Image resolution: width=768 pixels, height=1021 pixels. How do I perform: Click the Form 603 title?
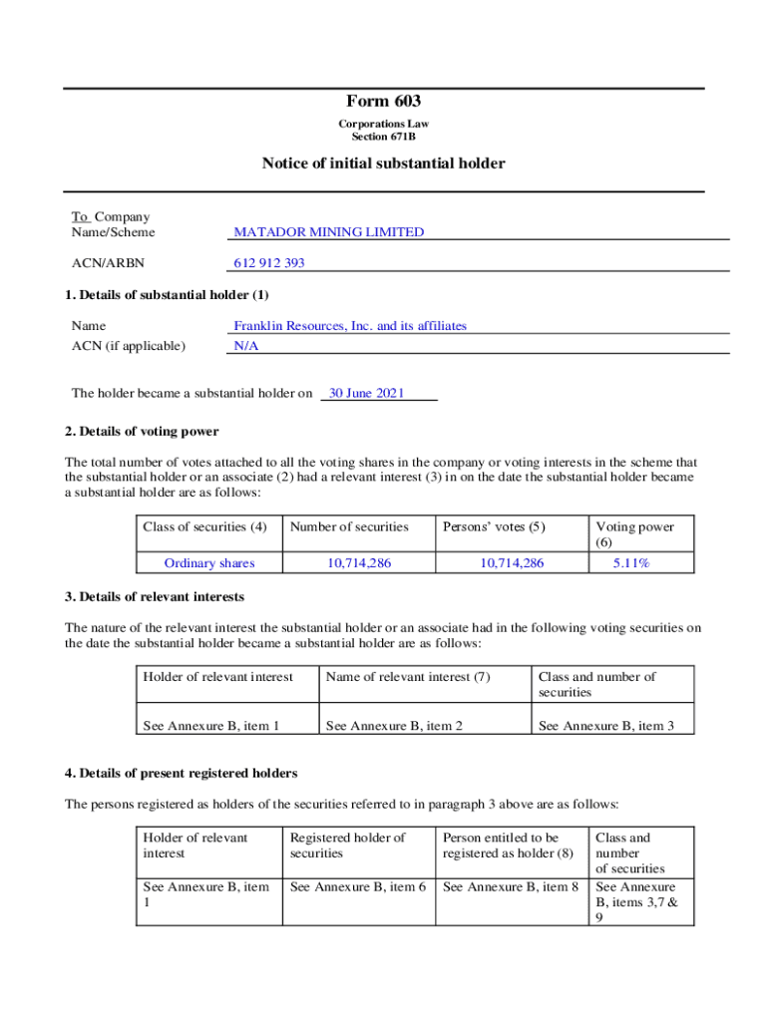384,101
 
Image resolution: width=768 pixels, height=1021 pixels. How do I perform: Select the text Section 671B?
384,137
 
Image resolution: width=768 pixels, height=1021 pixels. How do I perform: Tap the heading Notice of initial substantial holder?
384,164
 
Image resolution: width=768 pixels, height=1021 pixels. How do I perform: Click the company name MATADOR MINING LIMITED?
328,232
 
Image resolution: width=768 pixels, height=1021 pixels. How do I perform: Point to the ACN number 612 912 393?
269,263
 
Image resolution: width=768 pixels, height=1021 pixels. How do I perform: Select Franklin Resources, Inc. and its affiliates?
349,326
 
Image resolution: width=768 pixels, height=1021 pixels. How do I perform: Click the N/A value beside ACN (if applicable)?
245,346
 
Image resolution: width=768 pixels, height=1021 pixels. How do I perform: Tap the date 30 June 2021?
366,394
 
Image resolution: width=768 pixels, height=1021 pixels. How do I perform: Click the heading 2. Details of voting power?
142,432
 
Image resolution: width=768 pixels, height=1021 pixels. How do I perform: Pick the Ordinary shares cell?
209,563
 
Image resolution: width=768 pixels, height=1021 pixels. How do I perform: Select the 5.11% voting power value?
631,563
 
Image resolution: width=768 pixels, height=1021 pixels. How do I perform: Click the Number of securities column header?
349,527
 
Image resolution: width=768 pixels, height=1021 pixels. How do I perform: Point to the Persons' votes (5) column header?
494,527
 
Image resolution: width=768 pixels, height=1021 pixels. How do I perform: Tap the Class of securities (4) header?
204,527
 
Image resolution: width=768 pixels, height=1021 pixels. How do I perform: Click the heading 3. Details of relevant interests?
155,597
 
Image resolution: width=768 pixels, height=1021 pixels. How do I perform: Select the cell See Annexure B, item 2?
394,726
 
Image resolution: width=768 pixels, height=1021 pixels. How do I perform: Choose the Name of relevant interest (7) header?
408,677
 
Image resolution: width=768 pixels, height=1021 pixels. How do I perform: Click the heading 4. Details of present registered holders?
181,774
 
